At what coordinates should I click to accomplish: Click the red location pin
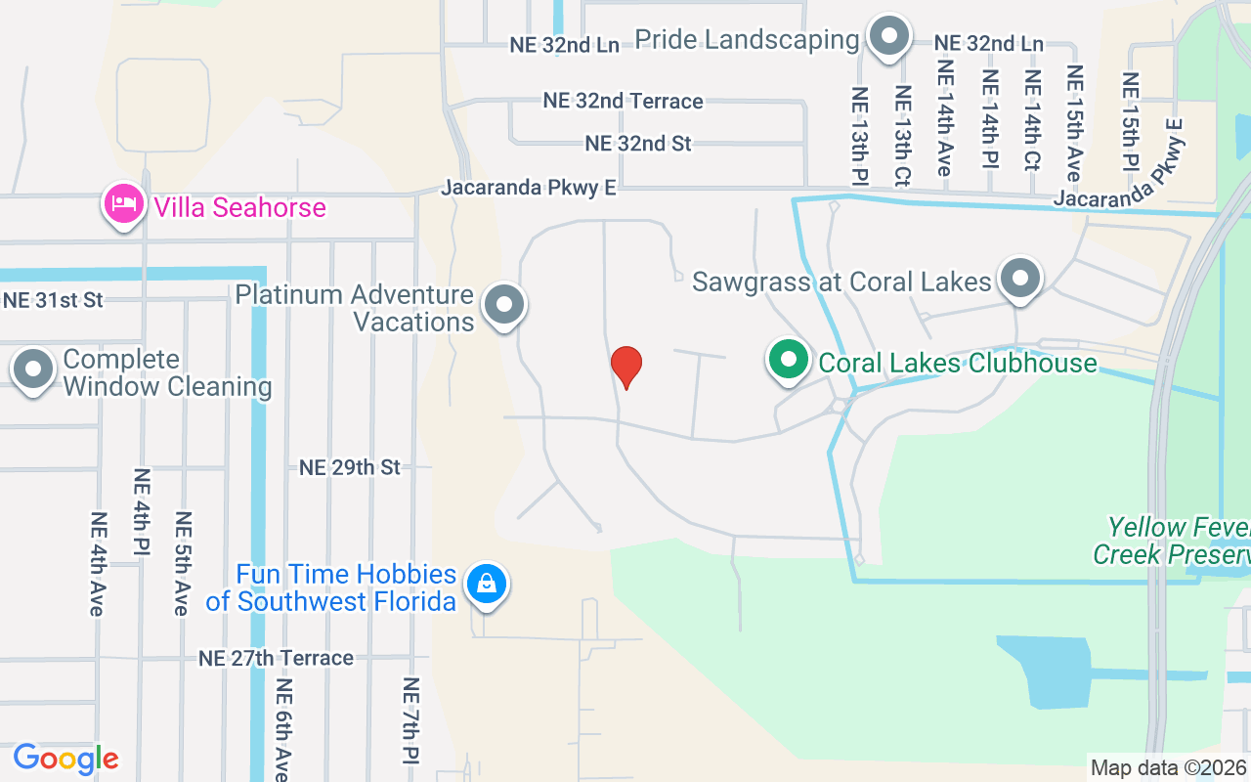(625, 367)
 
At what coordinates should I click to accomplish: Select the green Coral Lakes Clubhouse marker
(788, 359)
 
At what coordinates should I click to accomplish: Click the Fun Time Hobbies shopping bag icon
(486, 584)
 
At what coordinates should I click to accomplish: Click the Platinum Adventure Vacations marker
(504, 304)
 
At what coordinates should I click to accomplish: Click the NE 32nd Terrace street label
(623, 101)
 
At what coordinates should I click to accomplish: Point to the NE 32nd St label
(638, 143)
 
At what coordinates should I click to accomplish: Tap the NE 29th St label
(350, 467)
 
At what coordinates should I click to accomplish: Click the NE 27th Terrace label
(276, 658)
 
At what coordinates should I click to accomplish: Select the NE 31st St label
(53, 300)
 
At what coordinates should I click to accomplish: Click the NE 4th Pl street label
(142, 512)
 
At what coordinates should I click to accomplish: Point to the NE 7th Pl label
(410, 720)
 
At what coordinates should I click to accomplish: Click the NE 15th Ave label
(1075, 123)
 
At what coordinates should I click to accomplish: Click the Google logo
(65, 758)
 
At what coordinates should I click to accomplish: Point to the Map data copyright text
(1168, 767)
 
